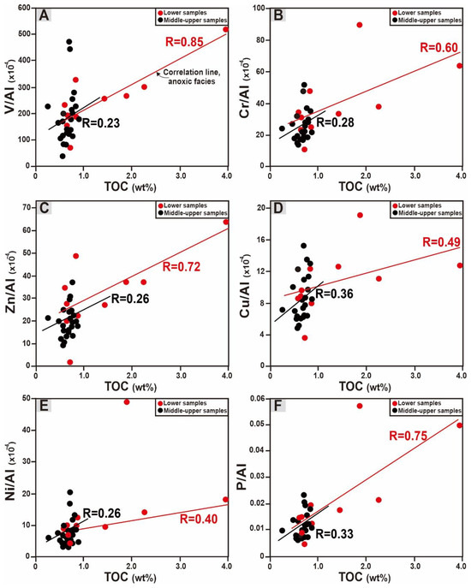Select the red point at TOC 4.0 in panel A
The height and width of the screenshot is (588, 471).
226,29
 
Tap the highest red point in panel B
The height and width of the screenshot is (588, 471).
359,25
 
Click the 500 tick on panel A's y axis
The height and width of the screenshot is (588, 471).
24,33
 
